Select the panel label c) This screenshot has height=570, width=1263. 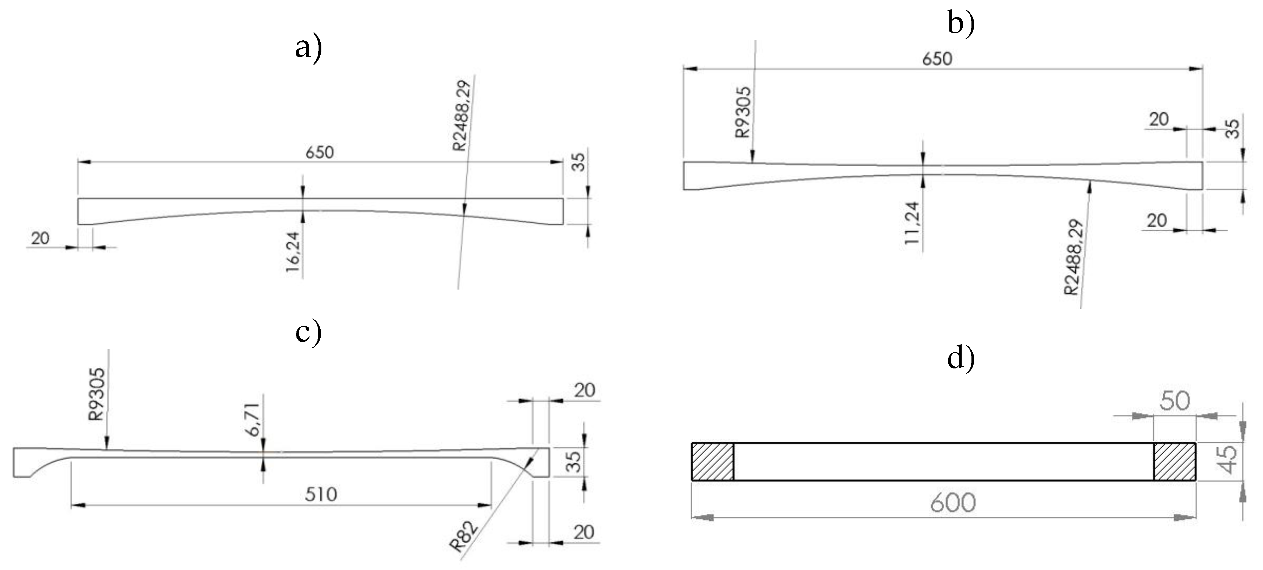click(308, 333)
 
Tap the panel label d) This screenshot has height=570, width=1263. click(961, 359)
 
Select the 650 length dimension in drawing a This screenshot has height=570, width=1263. click(320, 152)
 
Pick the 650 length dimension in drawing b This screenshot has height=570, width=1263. click(937, 59)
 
